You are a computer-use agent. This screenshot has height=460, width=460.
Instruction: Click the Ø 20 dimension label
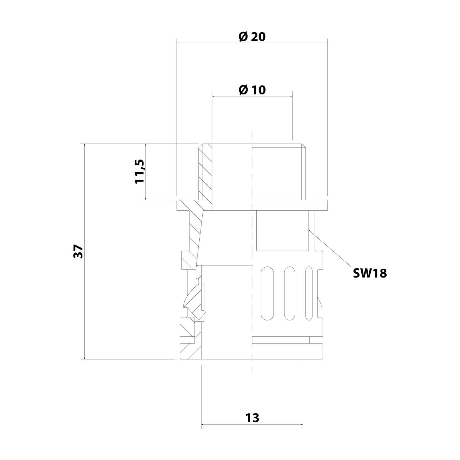pos(252,37)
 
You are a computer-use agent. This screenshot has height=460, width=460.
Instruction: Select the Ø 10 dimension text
pos(252,90)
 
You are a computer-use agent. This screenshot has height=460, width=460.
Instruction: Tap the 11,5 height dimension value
pos(140,171)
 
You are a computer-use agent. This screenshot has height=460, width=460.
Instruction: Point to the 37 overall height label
pos(79,251)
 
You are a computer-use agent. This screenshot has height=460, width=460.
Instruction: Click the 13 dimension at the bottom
pos(252,418)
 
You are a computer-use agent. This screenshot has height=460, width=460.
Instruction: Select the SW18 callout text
pos(370,273)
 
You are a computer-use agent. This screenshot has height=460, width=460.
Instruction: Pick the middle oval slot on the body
pos(290,294)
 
